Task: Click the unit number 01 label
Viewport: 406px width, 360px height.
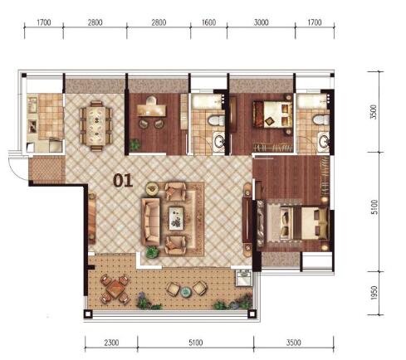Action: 123,181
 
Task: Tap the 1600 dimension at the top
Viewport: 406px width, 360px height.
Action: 208,22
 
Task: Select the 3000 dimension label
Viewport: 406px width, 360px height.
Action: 261,22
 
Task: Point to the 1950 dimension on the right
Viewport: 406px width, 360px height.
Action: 374,293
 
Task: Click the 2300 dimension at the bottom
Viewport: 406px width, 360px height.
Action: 111,343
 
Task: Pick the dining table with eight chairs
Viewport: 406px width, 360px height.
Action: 96,125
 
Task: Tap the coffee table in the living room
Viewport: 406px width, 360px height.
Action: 177,218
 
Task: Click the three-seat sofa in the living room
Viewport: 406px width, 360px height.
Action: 150,221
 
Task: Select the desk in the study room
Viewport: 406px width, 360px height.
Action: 151,109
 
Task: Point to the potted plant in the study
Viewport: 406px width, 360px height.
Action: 135,144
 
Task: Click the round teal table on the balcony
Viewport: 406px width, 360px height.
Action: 186,292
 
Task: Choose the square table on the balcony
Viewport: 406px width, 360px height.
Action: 115,289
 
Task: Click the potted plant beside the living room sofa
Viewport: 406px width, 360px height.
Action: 152,252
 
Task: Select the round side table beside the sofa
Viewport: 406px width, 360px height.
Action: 152,188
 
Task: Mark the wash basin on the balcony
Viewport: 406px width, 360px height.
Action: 244,277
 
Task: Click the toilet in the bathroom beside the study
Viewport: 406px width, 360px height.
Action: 216,120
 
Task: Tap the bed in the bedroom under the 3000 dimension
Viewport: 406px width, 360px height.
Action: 273,114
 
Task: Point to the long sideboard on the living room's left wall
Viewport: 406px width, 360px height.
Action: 91,218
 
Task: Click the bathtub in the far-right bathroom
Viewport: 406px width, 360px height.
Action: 313,100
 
